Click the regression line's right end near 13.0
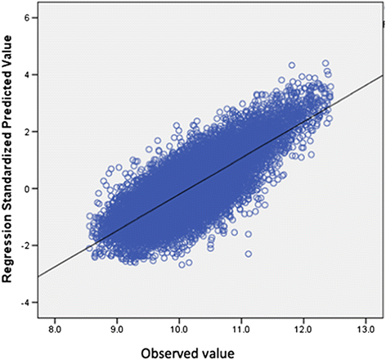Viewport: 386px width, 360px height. click(x=381, y=76)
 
